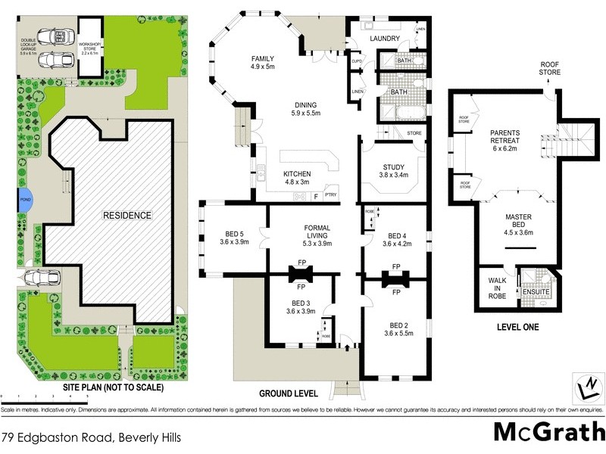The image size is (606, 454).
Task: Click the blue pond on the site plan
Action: click(25, 201)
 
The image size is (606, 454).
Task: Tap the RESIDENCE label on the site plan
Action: click(127, 216)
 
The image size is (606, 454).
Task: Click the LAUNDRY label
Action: click(384, 39)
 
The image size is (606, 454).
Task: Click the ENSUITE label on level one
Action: click(537, 291)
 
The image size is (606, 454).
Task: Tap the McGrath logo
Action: click(545, 431)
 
